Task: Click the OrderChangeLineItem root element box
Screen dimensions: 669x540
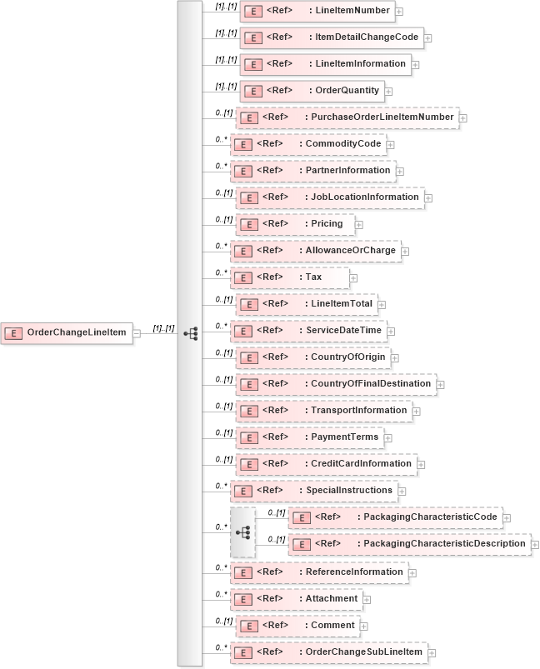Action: tap(66, 333)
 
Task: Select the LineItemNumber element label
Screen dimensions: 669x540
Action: tap(349, 11)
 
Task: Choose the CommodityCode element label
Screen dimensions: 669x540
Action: tap(344, 144)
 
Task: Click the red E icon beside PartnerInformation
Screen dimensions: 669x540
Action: tap(242, 171)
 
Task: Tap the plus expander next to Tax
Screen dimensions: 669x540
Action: tap(354, 277)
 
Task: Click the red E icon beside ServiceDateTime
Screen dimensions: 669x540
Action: tap(242, 331)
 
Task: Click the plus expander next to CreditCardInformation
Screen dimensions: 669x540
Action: tap(422, 464)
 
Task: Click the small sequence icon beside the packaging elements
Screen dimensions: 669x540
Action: tap(243, 532)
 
